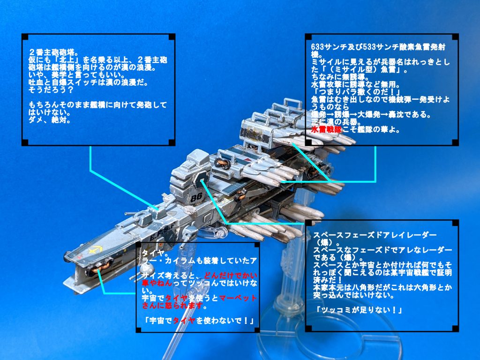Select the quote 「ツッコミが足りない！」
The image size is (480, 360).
pyautogui.click(x=351, y=310)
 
